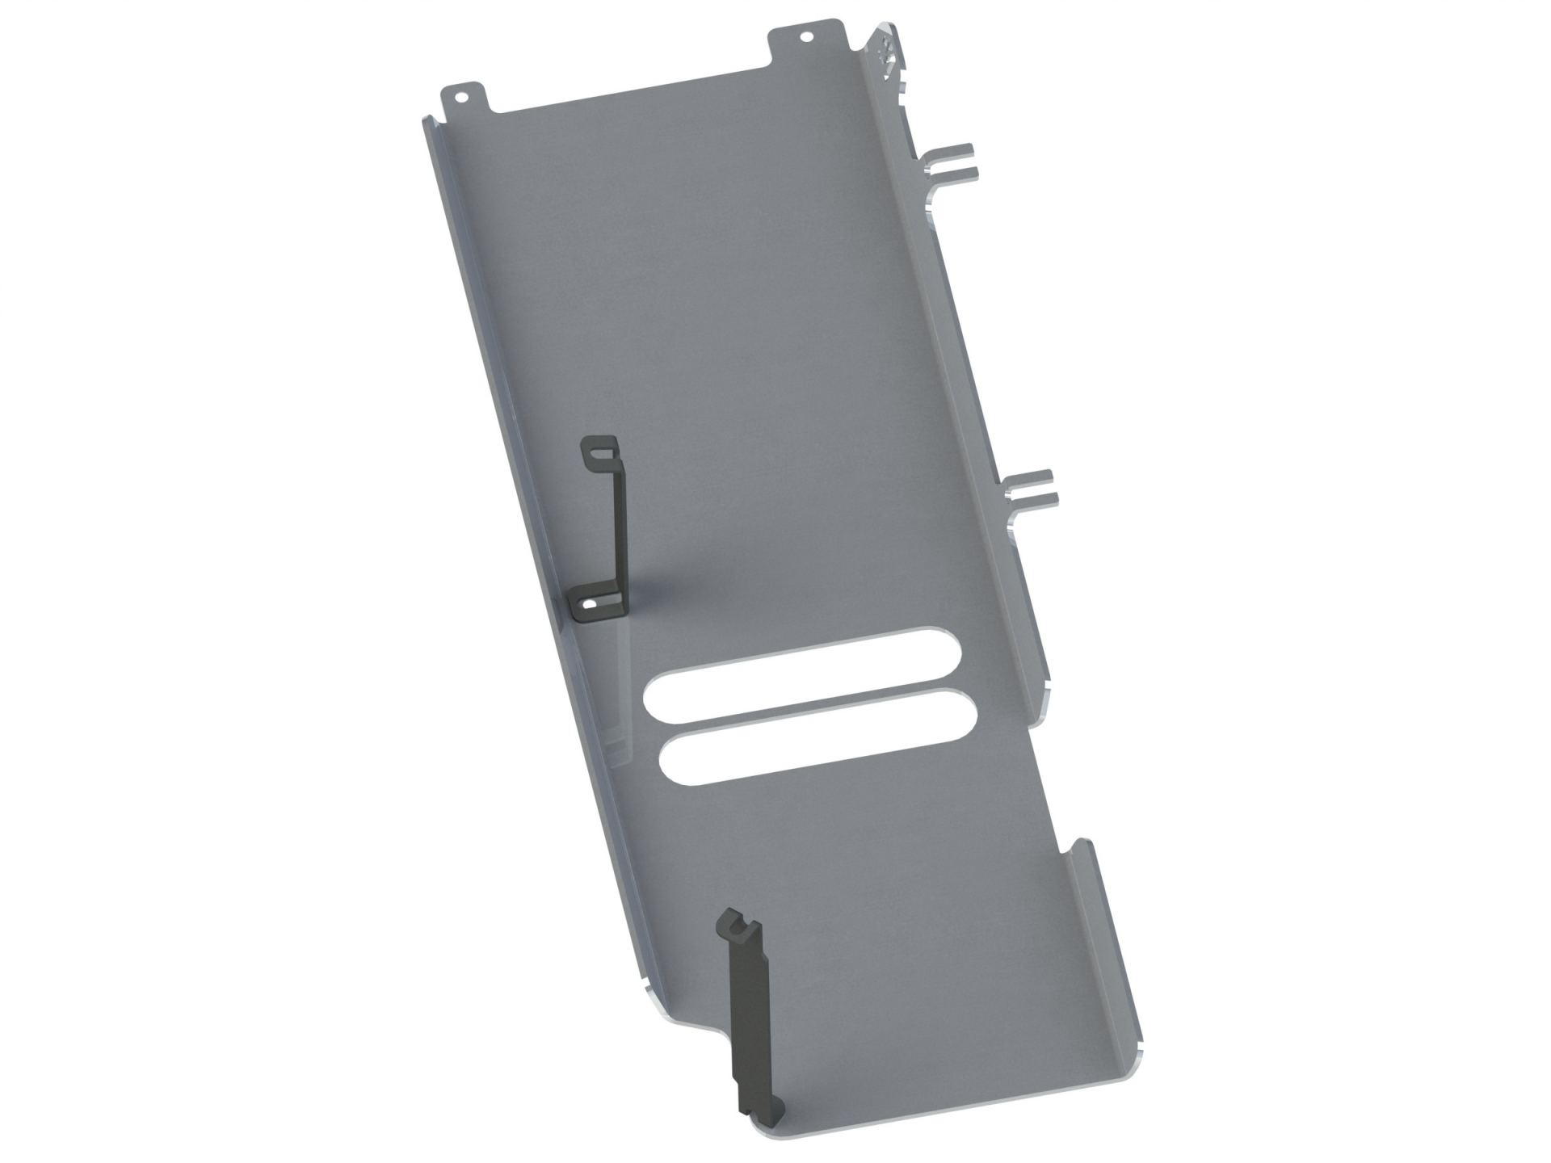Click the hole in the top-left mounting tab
(461, 97)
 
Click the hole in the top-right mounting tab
(805, 37)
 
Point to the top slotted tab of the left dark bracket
(599, 450)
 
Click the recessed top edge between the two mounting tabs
(630, 97)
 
